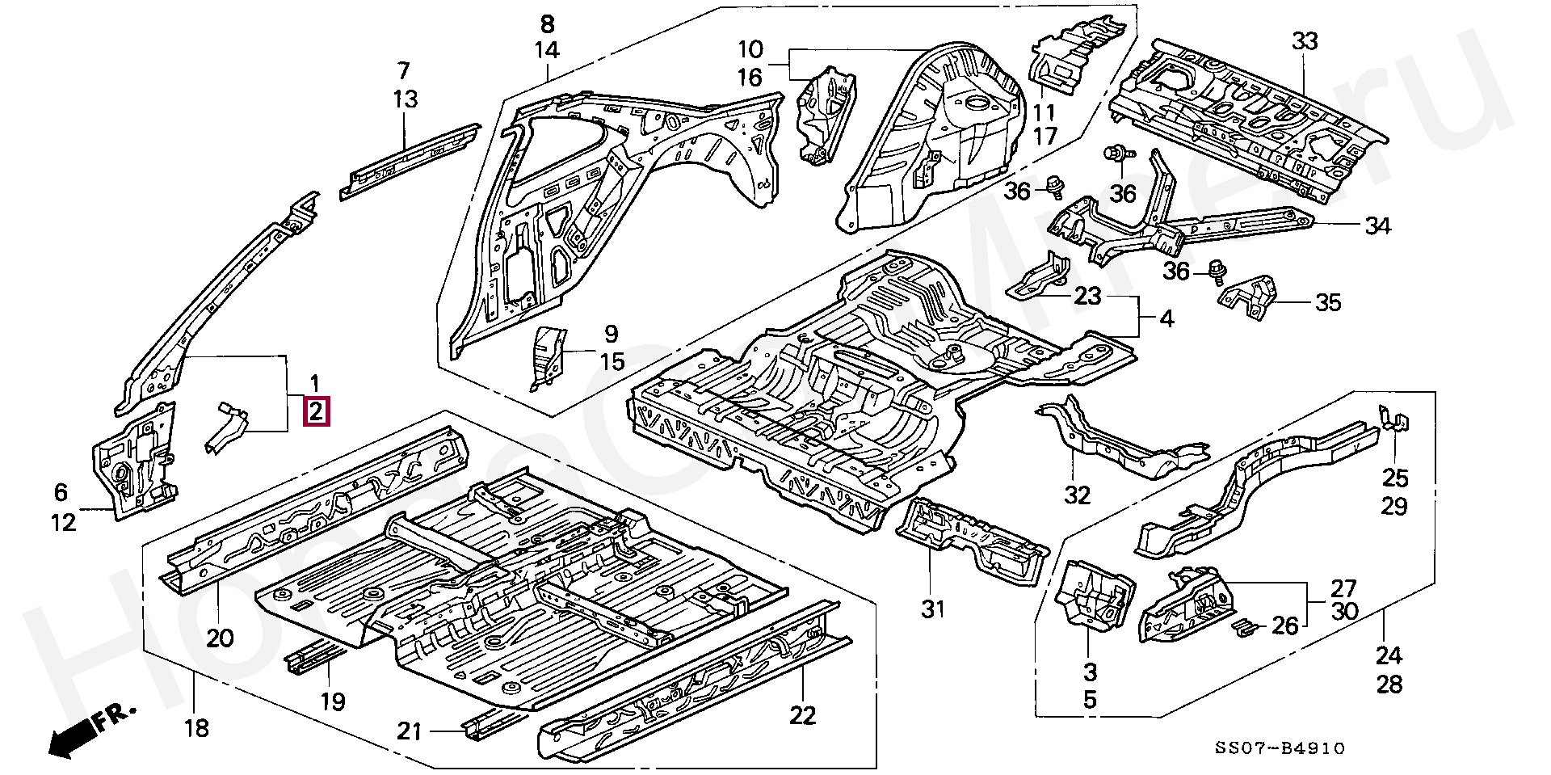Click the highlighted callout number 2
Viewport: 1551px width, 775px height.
click(x=315, y=412)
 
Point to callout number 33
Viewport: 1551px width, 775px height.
click(x=1305, y=41)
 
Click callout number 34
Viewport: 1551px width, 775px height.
click(x=1377, y=226)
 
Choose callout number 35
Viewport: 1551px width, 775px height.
click(x=1328, y=303)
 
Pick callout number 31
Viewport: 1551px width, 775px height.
click(x=932, y=609)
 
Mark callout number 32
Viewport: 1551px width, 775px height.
click(x=1077, y=495)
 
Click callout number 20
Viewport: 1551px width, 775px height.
click(x=219, y=638)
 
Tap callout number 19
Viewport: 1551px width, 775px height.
click(x=332, y=701)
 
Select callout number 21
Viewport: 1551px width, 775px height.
click(x=410, y=731)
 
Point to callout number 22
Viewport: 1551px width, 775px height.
click(x=802, y=715)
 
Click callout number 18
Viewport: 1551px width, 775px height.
click(x=196, y=728)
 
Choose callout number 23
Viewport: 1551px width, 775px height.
click(x=1087, y=296)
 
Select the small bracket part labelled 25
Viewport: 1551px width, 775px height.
click(x=1394, y=422)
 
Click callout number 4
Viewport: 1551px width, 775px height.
click(x=1166, y=319)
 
